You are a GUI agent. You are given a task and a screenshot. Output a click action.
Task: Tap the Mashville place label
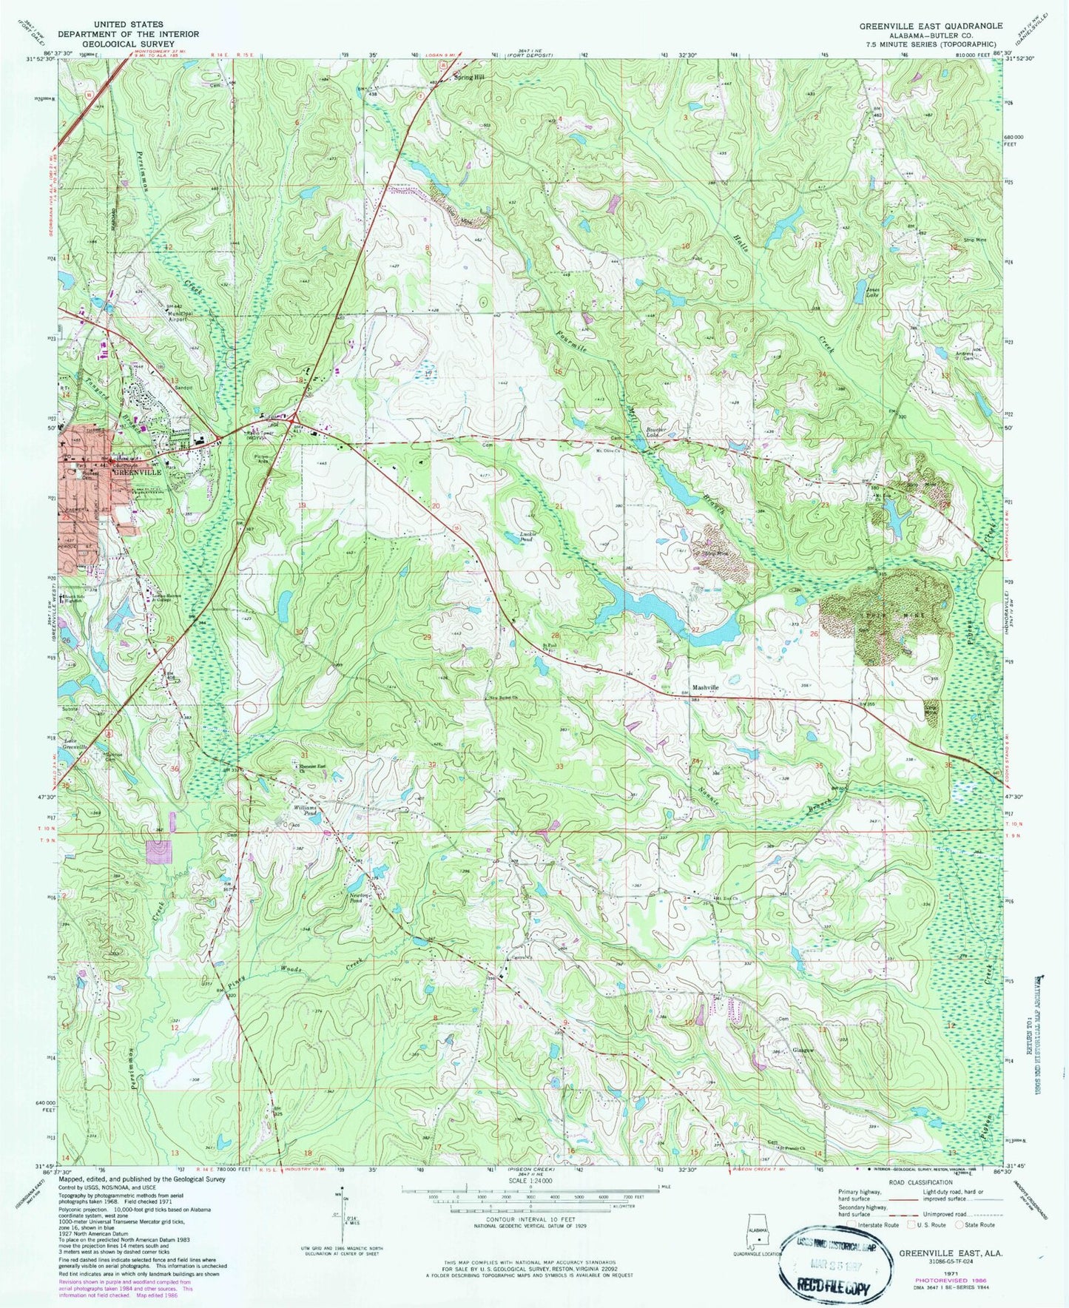[x=705, y=687]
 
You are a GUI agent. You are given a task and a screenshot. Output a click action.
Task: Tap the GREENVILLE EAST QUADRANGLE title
[x=931, y=25]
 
